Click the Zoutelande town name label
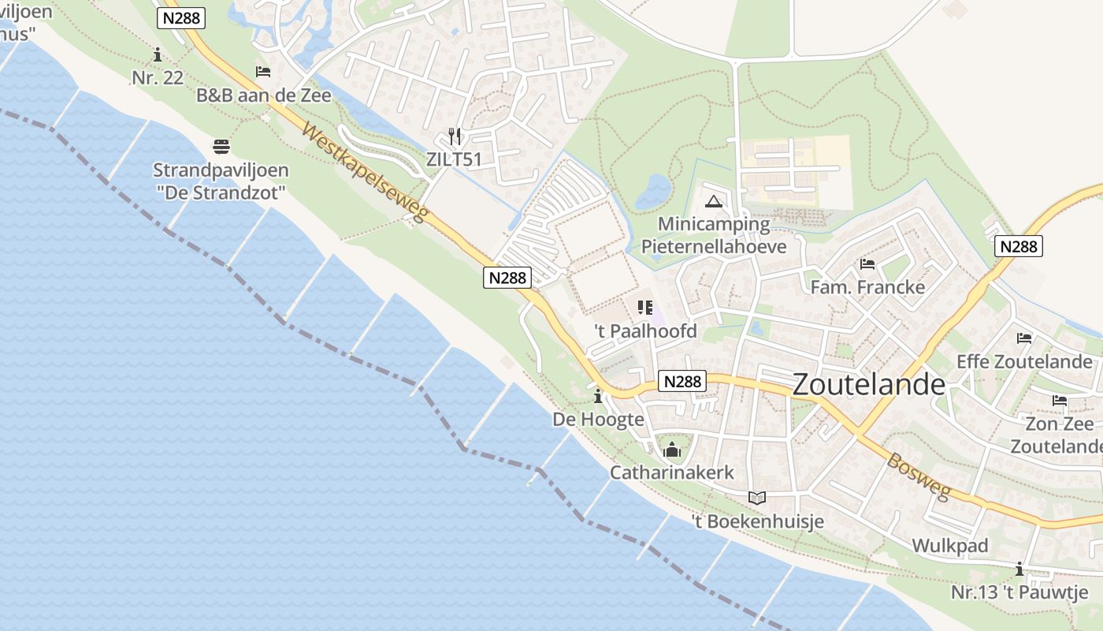tap(868, 384)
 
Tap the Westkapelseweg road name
tap(364, 173)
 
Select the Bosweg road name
tap(919, 475)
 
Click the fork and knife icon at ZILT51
tap(454, 136)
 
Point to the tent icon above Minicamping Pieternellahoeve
tap(714, 201)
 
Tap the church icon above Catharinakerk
tap(672, 450)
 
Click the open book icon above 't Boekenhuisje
tap(757, 498)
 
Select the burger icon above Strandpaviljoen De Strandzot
tap(221, 146)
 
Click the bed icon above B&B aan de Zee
tap(263, 72)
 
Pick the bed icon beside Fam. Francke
tap(867, 263)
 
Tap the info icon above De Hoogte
tap(598, 395)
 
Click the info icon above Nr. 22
tap(158, 54)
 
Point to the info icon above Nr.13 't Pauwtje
tap(1019, 569)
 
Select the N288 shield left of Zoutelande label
tap(682, 381)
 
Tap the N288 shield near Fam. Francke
tap(1018, 246)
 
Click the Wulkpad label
tap(949, 546)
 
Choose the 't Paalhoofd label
tap(645, 330)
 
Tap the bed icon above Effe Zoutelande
tap(1024, 338)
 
